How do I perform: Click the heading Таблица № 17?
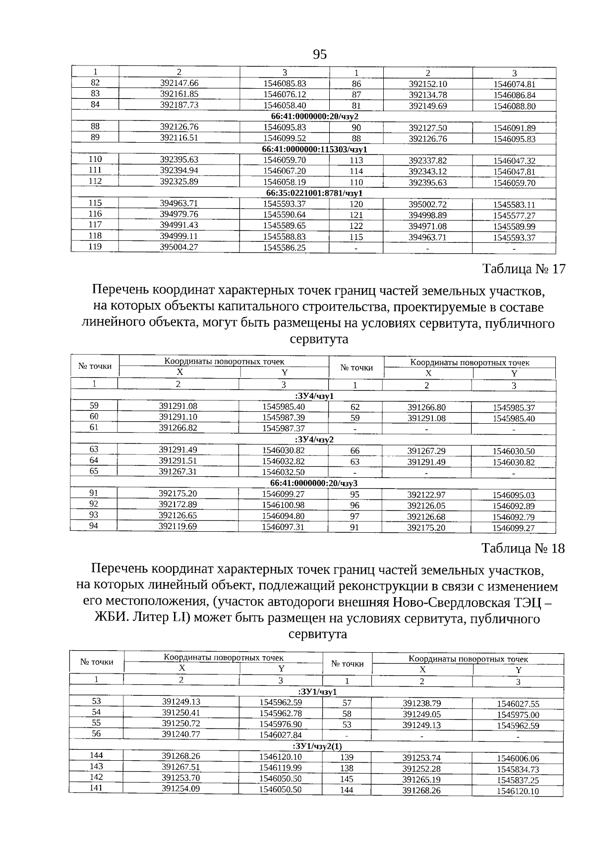pos(524,269)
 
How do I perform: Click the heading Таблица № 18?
pos(523,549)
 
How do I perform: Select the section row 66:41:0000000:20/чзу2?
pos(314,116)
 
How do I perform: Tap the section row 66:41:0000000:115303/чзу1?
pos(314,149)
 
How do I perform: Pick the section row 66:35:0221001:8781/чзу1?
pos(314,193)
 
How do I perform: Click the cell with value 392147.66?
pos(179,83)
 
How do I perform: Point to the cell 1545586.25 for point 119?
pos(284,247)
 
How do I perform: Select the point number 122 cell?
pos(356,226)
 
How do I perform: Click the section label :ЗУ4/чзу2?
pos(314,440)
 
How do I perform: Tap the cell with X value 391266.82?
pos(178,427)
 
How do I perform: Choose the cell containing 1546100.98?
pos(283,505)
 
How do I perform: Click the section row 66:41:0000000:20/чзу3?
pos(314,483)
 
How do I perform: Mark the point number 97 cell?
pos(355,516)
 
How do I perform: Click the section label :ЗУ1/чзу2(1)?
pos(317,746)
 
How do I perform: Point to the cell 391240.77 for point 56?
pos(181,734)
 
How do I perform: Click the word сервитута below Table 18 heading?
pos(317,634)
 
